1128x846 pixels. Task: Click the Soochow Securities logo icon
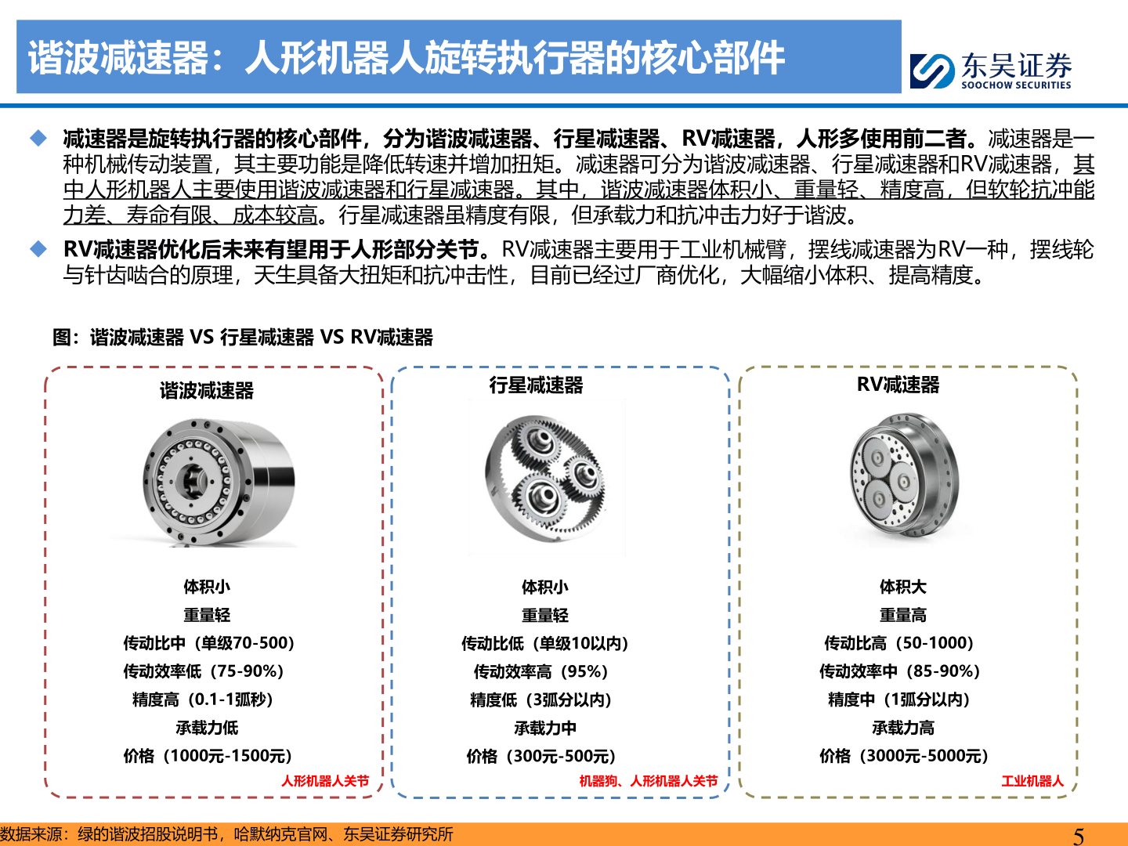point(932,70)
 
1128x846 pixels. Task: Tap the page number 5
point(1079,836)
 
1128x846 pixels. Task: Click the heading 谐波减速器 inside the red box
point(207,390)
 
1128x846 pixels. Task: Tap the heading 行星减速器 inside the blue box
point(536,385)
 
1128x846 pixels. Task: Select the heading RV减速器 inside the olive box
point(898,385)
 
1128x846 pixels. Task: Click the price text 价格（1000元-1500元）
point(208,756)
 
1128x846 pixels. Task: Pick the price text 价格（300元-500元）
point(541,756)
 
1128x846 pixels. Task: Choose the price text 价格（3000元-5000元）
point(903,756)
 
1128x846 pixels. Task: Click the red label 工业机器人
point(1032,781)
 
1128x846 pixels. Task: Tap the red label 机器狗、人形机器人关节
point(648,781)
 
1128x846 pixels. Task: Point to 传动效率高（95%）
point(541,671)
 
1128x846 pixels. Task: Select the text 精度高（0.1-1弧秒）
point(203,700)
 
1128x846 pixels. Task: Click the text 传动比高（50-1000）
point(899,643)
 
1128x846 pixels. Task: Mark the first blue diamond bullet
point(38,139)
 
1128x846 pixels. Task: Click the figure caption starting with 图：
point(243,338)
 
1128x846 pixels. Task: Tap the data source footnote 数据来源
point(227,834)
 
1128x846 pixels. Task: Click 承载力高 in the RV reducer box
point(903,728)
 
